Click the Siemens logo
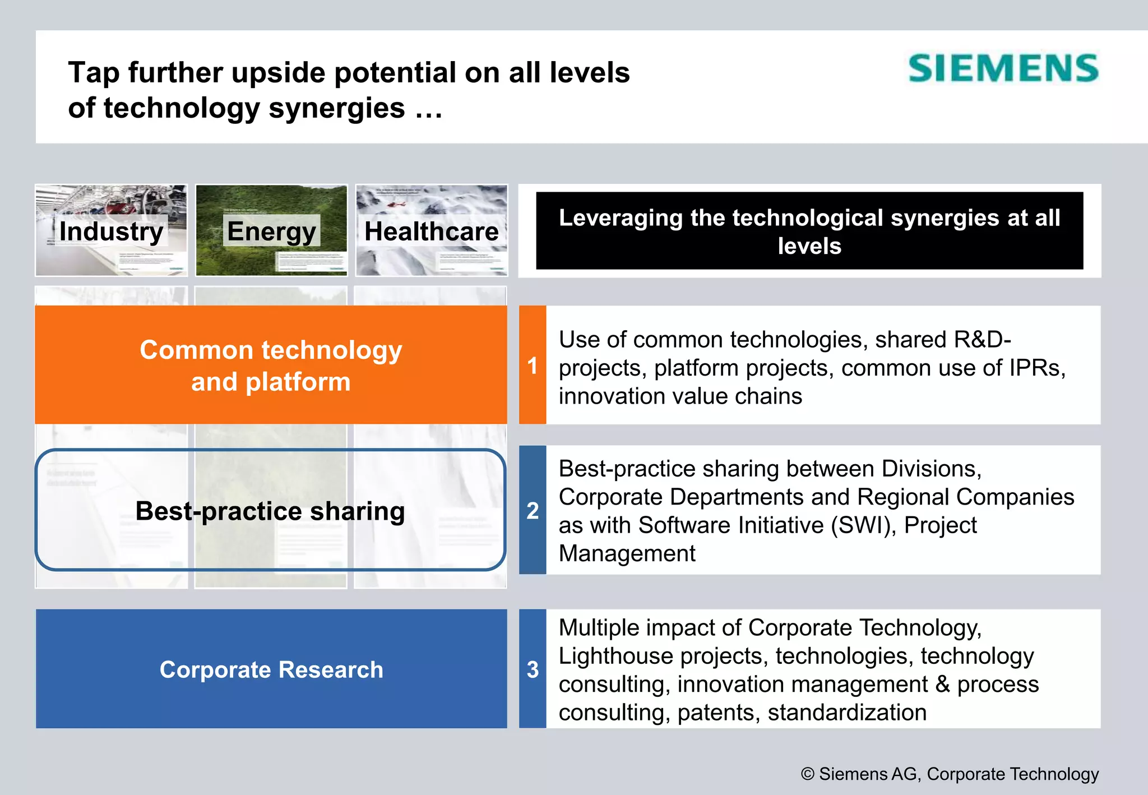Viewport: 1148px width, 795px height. click(1003, 68)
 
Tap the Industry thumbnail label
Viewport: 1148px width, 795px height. click(111, 231)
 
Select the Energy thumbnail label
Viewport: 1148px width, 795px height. click(271, 231)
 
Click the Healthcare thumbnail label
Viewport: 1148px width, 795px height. click(431, 231)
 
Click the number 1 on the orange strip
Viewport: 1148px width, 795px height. click(533, 366)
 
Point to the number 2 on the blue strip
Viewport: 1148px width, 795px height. click(533, 510)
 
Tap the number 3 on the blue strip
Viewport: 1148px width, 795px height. click(533, 669)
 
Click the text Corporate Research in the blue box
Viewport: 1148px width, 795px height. click(271, 669)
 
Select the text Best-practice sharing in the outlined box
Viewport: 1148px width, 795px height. click(270, 511)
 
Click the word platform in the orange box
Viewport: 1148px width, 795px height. click(298, 382)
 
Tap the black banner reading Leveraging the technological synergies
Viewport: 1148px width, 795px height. click(809, 231)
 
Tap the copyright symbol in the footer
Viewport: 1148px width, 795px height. click(807, 774)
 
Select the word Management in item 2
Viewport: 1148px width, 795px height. click(627, 554)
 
